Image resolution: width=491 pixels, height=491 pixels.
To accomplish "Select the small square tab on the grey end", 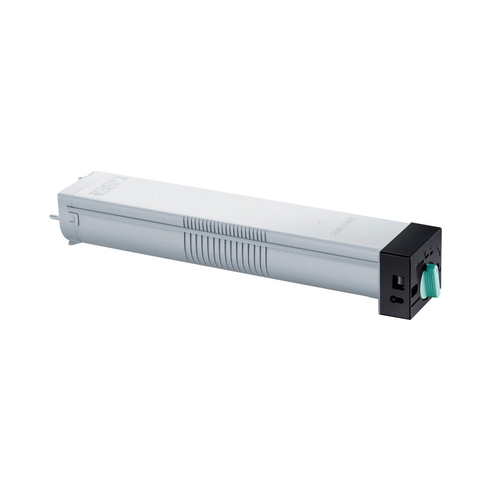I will click(x=72, y=218).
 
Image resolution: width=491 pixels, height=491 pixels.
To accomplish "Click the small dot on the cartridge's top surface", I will click(x=320, y=222).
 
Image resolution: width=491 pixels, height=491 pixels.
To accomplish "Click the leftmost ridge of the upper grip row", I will click(x=186, y=221).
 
